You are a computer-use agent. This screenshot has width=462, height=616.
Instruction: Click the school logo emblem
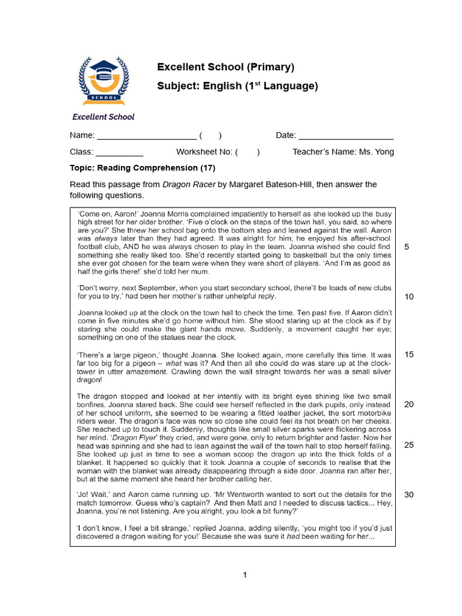coord(103,80)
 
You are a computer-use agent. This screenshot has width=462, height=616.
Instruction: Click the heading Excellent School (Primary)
coord(226,66)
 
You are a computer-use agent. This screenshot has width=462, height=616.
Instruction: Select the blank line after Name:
coord(146,136)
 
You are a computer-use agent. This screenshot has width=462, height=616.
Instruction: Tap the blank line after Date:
coord(346,136)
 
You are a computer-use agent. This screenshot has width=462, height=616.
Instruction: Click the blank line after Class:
coord(120,153)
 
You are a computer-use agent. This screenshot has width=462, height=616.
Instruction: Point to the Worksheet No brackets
coord(247,152)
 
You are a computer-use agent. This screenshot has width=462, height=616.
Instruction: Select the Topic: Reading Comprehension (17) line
coord(143,168)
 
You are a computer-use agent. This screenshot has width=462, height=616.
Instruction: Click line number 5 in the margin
coord(408,247)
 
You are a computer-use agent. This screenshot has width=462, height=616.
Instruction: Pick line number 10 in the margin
coord(409,297)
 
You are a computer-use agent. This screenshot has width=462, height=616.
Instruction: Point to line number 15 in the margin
coord(409,354)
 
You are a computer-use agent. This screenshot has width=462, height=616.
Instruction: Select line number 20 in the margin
coord(409,404)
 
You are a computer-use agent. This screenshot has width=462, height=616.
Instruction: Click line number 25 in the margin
coord(409,445)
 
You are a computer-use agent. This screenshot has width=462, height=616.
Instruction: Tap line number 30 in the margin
coord(409,495)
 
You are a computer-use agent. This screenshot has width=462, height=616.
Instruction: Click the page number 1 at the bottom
coord(245,575)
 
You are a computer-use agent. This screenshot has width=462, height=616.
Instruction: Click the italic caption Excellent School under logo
coord(103,117)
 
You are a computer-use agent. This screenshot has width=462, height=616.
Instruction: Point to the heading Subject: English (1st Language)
coord(237,86)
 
